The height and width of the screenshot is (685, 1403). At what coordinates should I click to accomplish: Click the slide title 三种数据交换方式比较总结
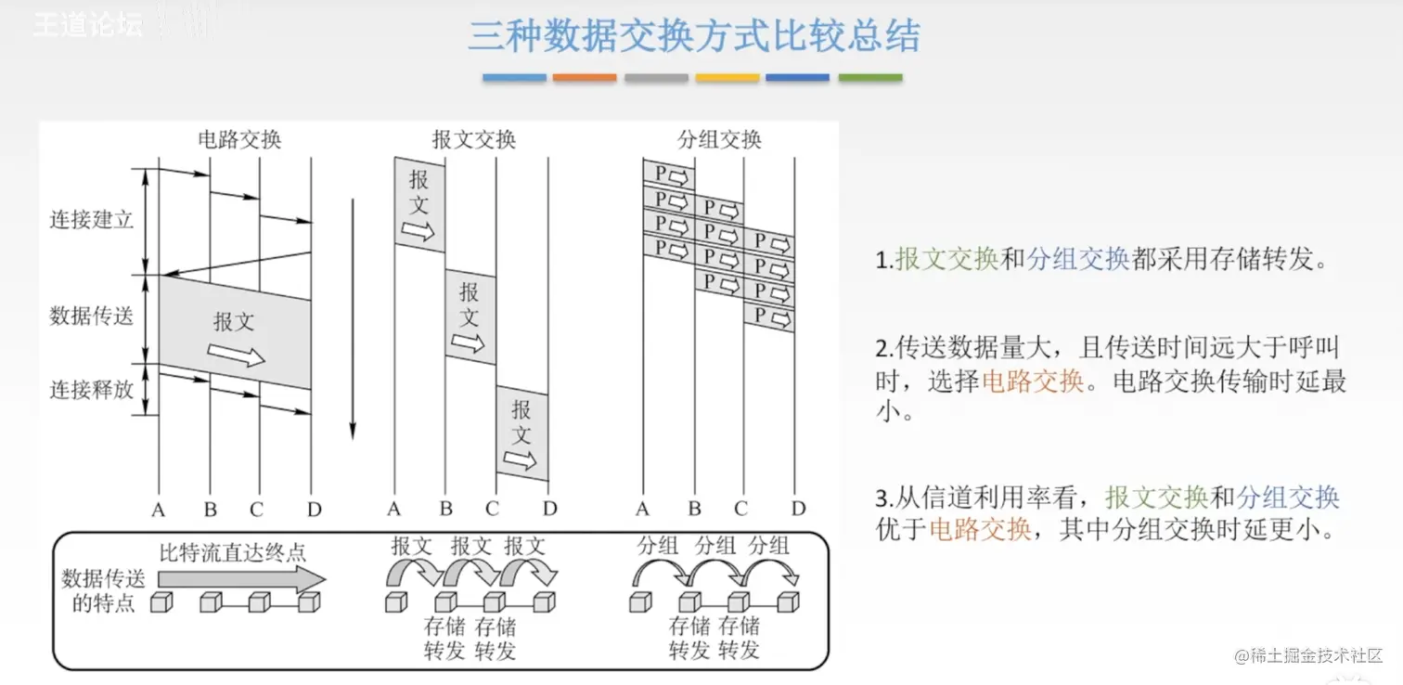tap(693, 37)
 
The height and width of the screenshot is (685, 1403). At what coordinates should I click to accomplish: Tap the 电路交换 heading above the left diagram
tap(239, 139)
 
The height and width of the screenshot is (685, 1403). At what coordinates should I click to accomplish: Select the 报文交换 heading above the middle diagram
tap(474, 139)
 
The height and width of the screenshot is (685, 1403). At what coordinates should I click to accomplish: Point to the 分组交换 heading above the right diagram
tap(720, 139)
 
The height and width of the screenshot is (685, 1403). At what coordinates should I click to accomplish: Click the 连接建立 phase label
tap(92, 220)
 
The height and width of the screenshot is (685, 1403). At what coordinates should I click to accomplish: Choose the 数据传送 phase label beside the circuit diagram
tap(92, 316)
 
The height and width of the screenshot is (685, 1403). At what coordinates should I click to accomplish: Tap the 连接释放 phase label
tap(92, 389)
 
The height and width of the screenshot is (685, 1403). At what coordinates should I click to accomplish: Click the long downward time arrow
tap(353, 316)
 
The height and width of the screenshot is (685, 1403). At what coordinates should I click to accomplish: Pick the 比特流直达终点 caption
tap(232, 552)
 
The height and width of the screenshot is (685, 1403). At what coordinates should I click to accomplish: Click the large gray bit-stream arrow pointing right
tap(246, 579)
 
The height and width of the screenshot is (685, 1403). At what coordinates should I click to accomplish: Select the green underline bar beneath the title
tap(870, 78)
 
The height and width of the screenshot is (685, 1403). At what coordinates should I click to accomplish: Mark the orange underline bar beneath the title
tap(585, 78)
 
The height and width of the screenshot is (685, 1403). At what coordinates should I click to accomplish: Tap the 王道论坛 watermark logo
tap(89, 25)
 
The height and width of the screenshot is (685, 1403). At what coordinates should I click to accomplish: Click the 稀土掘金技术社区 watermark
tap(1308, 655)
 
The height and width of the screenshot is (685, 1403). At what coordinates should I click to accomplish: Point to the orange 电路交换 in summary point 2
tap(1033, 381)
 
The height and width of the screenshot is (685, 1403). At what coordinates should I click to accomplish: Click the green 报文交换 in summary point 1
tap(946, 259)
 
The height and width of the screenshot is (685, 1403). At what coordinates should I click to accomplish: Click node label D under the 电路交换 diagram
tap(314, 509)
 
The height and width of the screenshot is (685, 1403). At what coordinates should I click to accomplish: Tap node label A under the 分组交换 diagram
tap(643, 509)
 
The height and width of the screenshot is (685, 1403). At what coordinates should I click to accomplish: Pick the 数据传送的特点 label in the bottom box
tap(104, 591)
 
